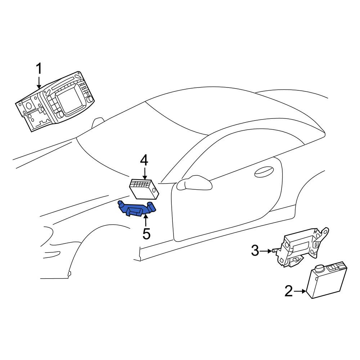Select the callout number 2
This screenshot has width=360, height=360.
click(x=289, y=291)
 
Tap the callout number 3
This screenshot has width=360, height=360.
click(x=255, y=251)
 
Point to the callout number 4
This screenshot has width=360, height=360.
click(x=144, y=161)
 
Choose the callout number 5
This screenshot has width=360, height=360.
click(x=147, y=234)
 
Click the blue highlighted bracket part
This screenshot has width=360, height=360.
click(x=136, y=208)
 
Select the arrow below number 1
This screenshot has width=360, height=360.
click(x=39, y=83)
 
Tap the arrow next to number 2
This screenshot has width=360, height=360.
click(x=300, y=291)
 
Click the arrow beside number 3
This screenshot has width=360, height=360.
click(x=266, y=251)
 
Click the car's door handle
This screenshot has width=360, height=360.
click(x=264, y=172)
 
